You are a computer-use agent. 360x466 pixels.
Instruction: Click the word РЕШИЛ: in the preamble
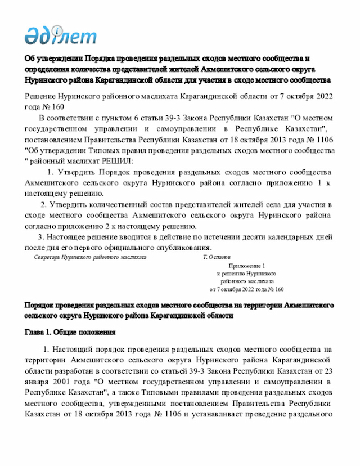pos(115,160)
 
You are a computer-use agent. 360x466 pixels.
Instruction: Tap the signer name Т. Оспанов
pos(217,257)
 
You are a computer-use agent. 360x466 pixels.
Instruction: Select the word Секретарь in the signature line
pos(47,257)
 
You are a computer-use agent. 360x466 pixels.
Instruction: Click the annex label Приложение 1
pos(246,265)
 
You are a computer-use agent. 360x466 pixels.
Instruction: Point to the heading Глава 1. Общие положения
pos(70,332)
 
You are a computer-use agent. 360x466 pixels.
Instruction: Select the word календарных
pos(273,237)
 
